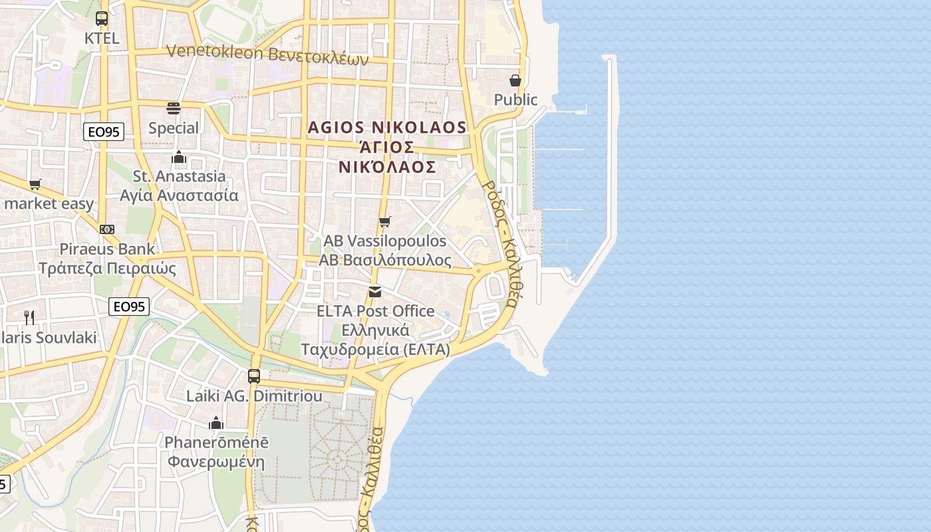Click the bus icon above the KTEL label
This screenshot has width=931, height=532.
[x=101, y=19]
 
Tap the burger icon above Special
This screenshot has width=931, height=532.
[x=174, y=108]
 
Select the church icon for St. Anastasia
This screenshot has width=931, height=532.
[x=178, y=158]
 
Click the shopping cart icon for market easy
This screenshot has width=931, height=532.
[x=35, y=184]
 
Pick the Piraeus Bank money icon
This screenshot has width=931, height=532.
[x=106, y=229]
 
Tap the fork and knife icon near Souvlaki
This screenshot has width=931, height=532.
[x=29, y=317]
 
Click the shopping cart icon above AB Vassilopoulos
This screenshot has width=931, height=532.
[x=384, y=221]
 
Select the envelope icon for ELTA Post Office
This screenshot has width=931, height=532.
[x=375, y=292]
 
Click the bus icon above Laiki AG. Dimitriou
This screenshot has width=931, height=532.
[x=253, y=376]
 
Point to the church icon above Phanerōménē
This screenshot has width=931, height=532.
[x=216, y=423]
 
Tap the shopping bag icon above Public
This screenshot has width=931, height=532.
[x=515, y=80]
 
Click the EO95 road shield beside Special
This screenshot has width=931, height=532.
[x=104, y=132]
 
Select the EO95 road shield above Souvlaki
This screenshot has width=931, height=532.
[x=129, y=307]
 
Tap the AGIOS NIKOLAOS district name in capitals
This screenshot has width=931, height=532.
[x=388, y=127]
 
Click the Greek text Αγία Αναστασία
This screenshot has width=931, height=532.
[x=179, y=196]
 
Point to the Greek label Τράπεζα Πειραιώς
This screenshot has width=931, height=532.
[x=107, y=269]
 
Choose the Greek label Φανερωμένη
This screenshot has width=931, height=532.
[x=216, y=462]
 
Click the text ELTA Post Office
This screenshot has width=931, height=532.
[x=375, y=311]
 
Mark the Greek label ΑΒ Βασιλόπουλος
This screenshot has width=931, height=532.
[x=385, y=260]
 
